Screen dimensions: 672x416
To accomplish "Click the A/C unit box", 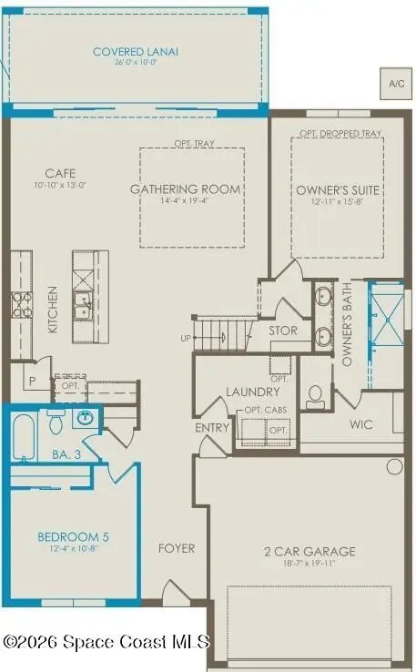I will pos(396,84).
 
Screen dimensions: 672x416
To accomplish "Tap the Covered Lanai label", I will pos(136,52).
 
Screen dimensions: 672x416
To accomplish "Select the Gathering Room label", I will pos(185,189).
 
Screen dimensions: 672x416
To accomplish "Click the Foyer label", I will pos(177,548).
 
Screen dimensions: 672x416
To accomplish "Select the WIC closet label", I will pos(361,423).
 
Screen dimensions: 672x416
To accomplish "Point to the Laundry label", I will pos(251,392).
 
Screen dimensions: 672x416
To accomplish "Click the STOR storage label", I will pos(282,331).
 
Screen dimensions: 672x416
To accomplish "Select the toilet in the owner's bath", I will pos(316,395).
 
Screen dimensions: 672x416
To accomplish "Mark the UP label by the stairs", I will pos(186,338).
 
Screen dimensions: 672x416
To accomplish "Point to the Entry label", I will pos(211,427).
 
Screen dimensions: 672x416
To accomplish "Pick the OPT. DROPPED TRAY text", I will pos(336,135).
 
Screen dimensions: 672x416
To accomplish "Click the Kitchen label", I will pos(54,309).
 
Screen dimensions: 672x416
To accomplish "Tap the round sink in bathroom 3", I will pos(85,419).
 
